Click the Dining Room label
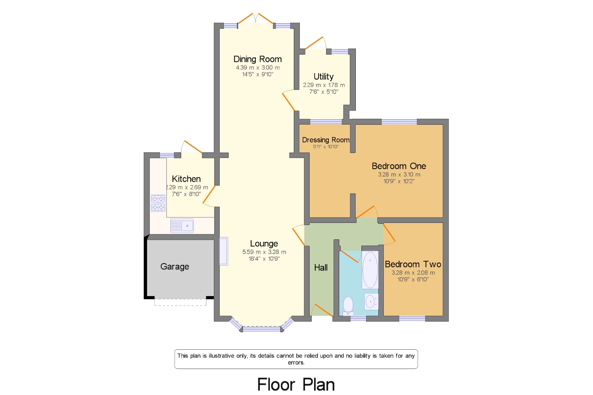tap(257, 59)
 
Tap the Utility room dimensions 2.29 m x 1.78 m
tap(324, 85)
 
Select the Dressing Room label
tap(326, 140)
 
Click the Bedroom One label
tap(399, 166)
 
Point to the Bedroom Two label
tap(413, 264)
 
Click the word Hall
tap(321, 268)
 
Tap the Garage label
tap(175, 266)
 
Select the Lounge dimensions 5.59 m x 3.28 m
tap(264, 252)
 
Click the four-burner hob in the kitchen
tap(158, 203)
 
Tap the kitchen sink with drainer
tap(182, 226)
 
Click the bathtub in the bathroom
tap(370, 270)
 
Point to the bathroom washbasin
tap(371, 302)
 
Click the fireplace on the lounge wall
tap(224, 251)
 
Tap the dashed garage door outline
tap(180, 302)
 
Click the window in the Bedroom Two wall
tap(412, 319)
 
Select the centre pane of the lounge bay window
tap(261, 329)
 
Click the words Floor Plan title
tap(296, 385)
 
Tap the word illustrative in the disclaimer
tap(221, 356)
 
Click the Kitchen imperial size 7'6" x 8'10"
tap(186, 194)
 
